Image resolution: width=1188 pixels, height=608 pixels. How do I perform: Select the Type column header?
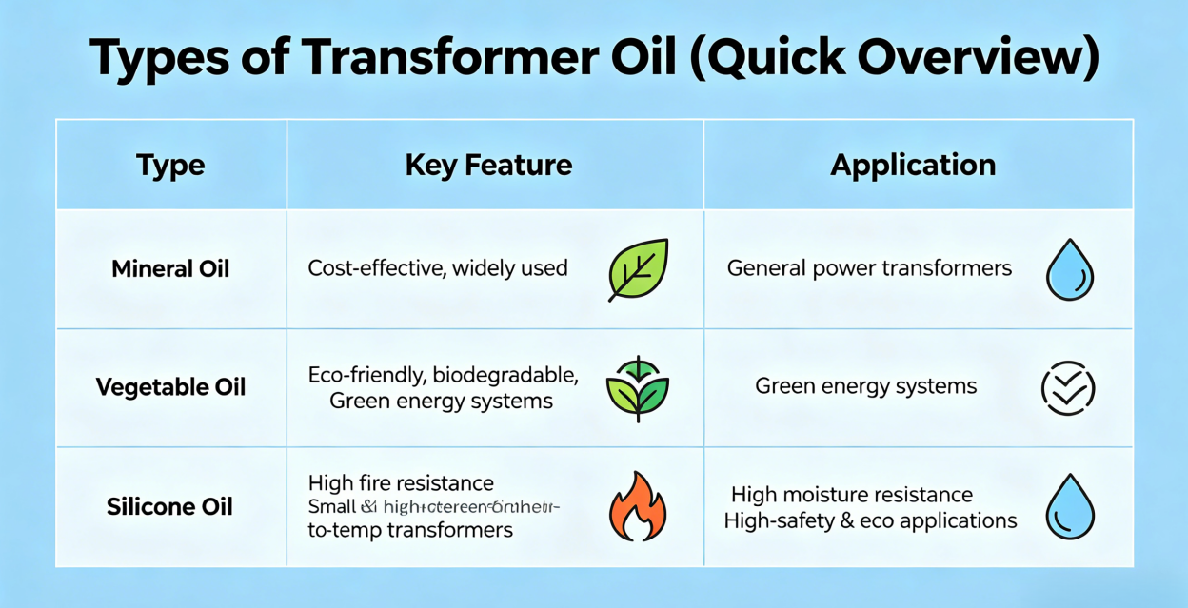click(x=170, y=165)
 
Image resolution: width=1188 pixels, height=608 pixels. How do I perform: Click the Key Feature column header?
click(x=488, y=165)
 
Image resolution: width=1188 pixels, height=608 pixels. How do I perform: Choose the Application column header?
click(x=913, y=165)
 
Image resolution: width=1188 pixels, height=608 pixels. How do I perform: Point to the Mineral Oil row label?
click(x=170, y=269)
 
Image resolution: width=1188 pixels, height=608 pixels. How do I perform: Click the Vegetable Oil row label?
click(x=170, y=387)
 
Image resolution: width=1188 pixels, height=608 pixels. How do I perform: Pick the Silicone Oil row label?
click(x=169, y=506)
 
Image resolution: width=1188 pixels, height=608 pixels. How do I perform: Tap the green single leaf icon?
click(x=638, y=269)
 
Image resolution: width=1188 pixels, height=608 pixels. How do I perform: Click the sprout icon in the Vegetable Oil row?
click(x=638, y=388)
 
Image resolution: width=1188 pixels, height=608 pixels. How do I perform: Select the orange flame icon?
click(x=638, y=506)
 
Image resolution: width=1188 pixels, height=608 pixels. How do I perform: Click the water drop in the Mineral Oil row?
click(x=1069, y=269)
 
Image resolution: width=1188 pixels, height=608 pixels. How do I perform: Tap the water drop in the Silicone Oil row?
click(x=1069, y=506)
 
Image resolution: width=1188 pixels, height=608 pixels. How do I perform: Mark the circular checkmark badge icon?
click(x=1068, y=388)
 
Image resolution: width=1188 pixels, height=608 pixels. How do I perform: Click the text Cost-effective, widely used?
click(x=438, y=268)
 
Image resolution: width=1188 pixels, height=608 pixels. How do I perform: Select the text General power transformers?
click(x=869, y=268)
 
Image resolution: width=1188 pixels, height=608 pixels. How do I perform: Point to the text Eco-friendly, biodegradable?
click(x=443, y=375)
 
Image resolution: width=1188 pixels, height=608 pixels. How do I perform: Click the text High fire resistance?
click(x=401, y=483)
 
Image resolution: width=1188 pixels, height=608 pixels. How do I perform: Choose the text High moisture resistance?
click(x=852, y=495)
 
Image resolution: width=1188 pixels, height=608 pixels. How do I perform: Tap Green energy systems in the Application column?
click(x=865, y=386)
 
